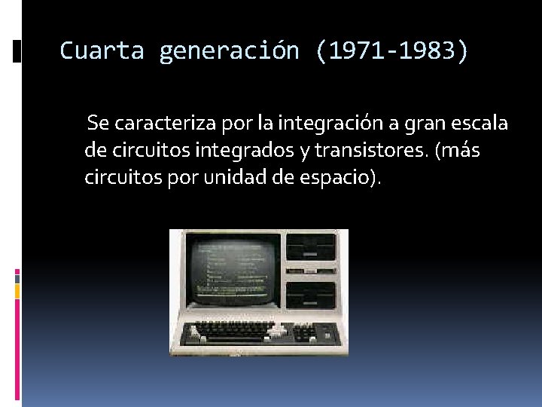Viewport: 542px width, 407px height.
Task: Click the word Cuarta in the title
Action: [x=101, y=50]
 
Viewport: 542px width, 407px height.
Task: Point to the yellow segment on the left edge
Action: [x=17, y=291]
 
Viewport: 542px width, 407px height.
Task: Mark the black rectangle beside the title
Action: [x=17, y=51]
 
